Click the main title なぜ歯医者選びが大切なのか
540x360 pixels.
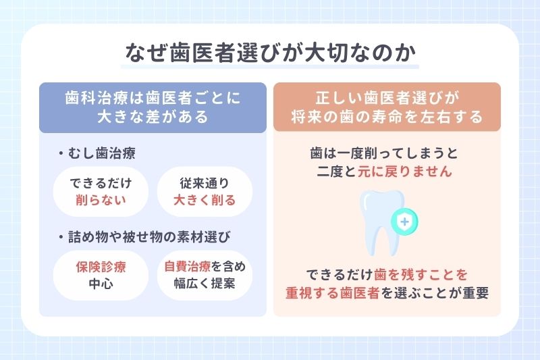click(269, 53)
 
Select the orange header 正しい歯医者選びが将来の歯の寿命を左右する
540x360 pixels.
click(387, 107)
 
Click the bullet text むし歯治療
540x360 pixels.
click(101, 153)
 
